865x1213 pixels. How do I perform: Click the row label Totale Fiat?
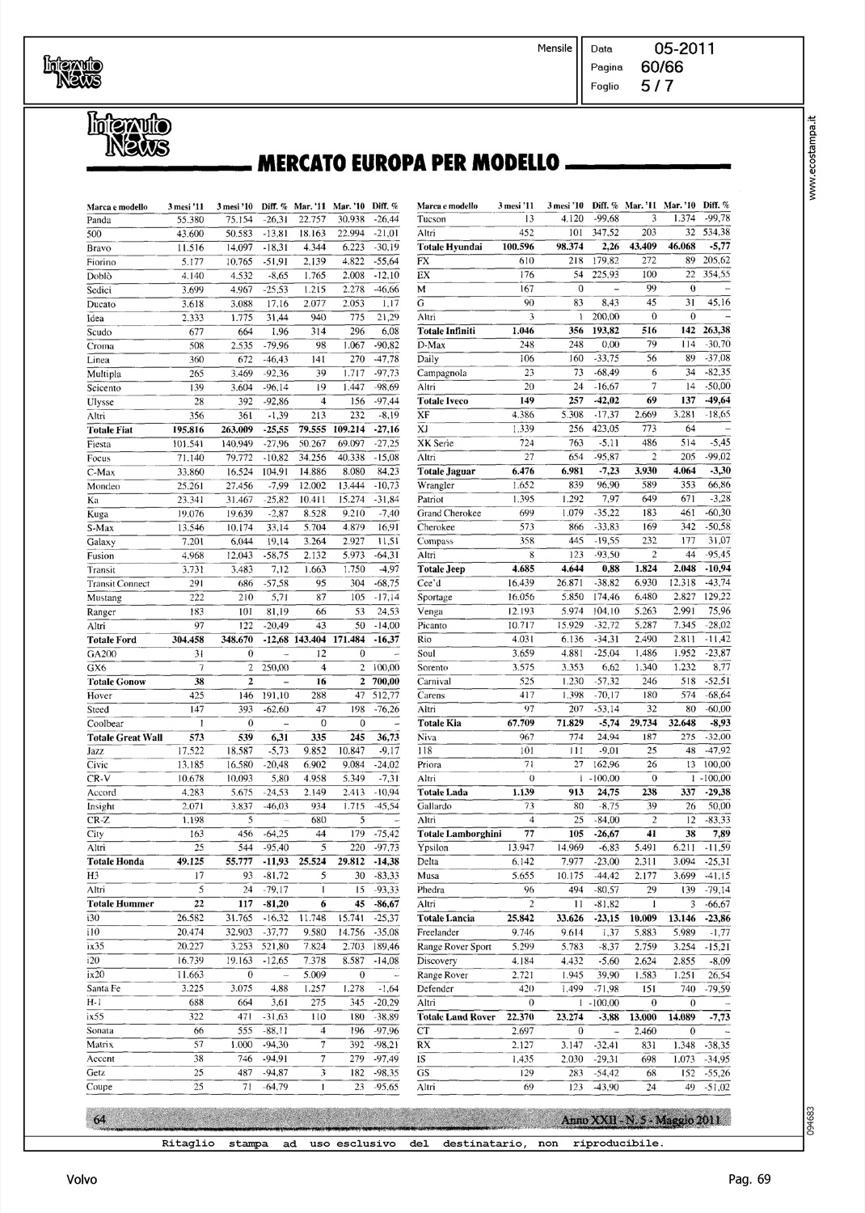[110, 430]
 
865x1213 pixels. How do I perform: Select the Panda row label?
[99, 220]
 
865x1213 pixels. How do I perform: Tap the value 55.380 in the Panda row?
[190, 220]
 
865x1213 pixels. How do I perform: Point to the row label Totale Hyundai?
[449, 247]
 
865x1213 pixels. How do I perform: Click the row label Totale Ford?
[112, 640]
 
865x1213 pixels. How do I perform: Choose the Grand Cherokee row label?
[449, 514]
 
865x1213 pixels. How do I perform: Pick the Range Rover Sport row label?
[454, 947]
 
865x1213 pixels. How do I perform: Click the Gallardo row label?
[434, 807]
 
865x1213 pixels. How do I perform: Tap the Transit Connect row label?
[118, 584]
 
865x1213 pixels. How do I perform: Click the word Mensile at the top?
[555, 49]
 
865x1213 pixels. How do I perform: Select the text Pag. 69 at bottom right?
[749, 1180]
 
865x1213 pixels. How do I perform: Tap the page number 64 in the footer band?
[101, 1118]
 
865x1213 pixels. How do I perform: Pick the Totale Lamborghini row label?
[459, 835]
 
